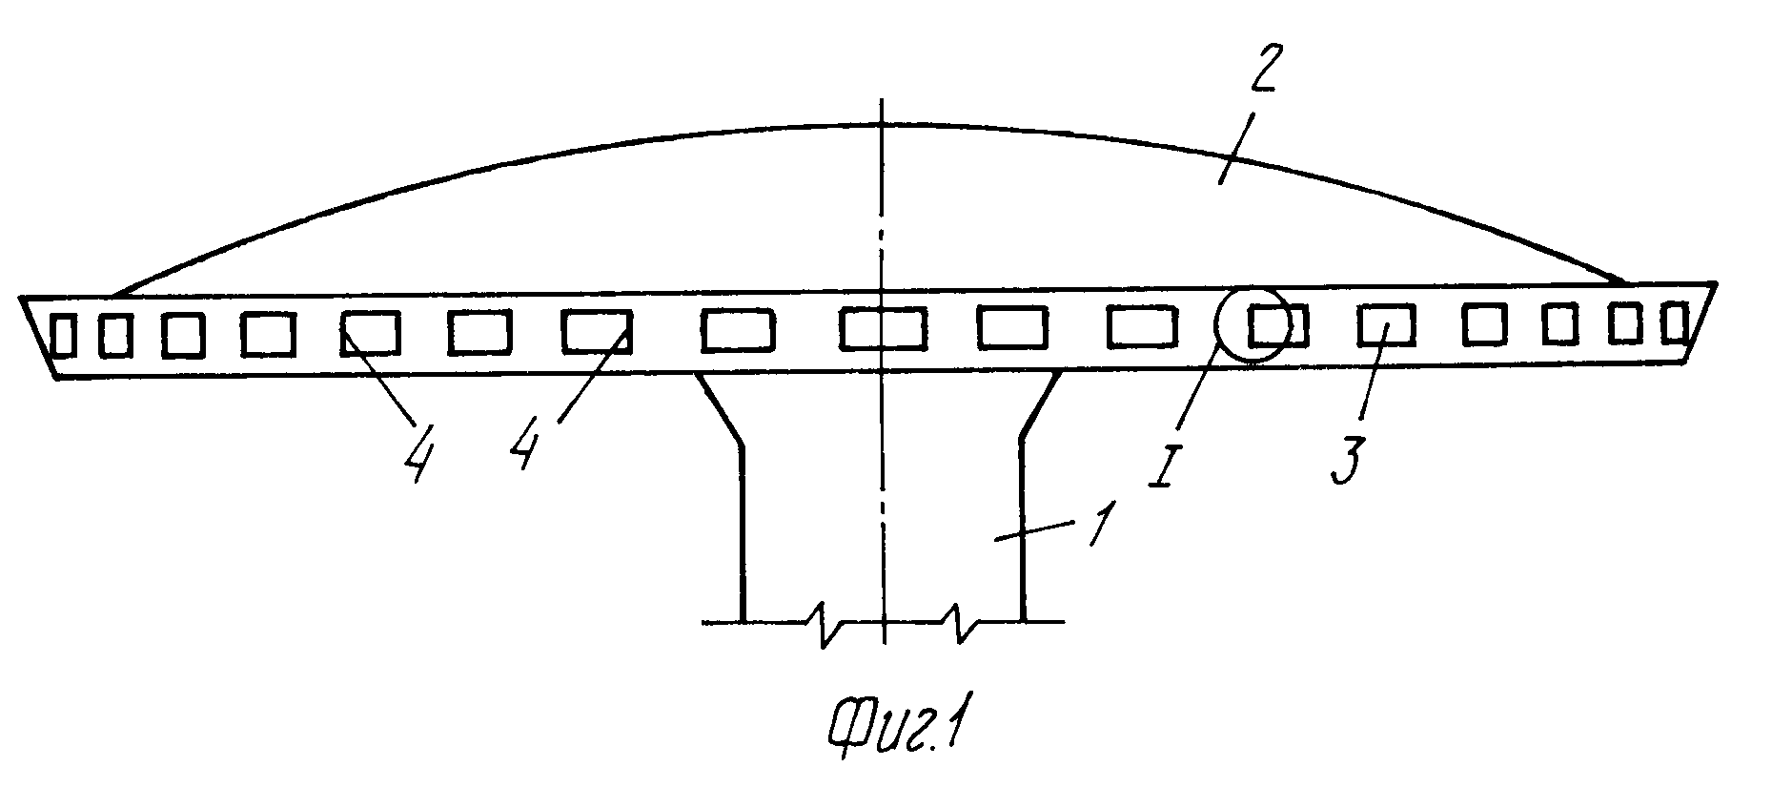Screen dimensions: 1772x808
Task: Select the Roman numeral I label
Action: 1163,462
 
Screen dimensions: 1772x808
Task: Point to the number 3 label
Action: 1342,457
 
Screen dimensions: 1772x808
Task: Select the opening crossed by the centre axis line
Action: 882,329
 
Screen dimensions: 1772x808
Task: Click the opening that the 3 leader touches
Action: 1387,324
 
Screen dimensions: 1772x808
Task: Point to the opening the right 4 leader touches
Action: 596,331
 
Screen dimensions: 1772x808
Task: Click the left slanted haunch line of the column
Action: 720,407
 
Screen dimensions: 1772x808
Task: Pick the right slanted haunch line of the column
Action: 1043,405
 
